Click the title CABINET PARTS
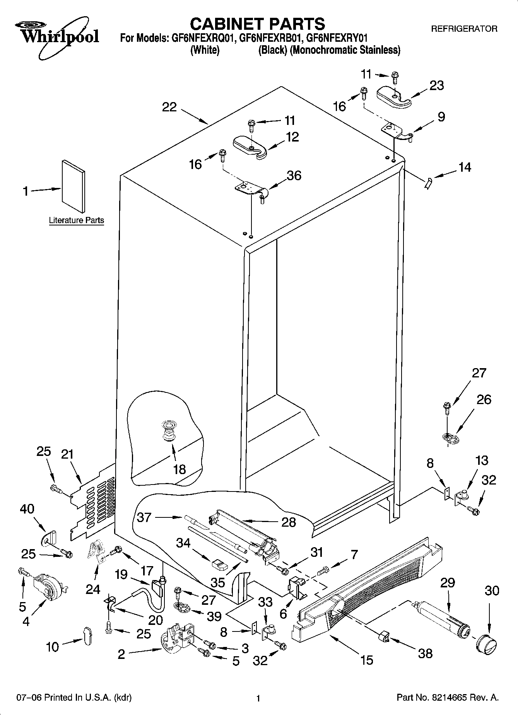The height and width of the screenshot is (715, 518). tap(257, 24)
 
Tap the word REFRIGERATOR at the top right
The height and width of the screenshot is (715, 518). tap(464, 29)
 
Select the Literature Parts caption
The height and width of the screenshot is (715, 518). tap(76, 220)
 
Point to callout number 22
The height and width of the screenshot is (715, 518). tap(169, 107)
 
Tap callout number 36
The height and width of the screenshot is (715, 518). tap(294, 176)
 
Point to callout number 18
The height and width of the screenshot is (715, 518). tap(180, 469)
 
